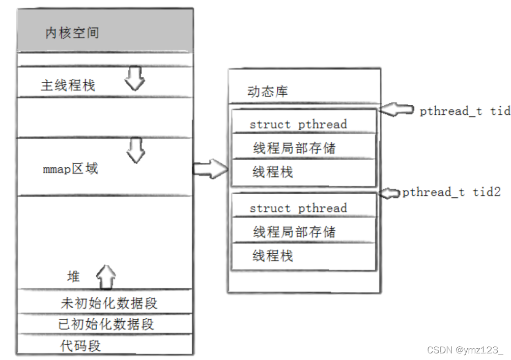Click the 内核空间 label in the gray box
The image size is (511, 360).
(72, 34)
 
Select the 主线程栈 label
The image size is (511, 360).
(68, 85)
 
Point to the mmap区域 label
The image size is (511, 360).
(70, 169)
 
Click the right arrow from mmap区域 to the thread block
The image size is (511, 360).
(210, 168)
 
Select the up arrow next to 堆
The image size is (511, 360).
(105, 278)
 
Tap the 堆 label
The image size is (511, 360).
(74, 277)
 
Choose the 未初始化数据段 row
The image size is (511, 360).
(109, 304)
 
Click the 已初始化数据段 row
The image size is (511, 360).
(106, 324)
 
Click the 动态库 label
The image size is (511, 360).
(267, 92)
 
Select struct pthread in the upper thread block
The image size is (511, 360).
(298, 124)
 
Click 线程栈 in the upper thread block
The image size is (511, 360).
(273, 172)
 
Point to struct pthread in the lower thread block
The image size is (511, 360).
(298, 208)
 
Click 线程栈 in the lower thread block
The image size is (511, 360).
(273, 255)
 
